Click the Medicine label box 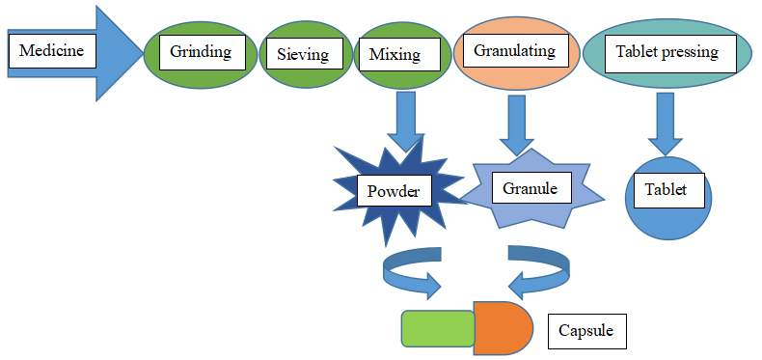pos(52,51)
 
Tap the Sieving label pos(295,54)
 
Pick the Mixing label pos(395,54)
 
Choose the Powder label pos(394,191)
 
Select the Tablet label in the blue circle pos(666,190)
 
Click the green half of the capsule pos(437,328)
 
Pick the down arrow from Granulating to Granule pos(516,124)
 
